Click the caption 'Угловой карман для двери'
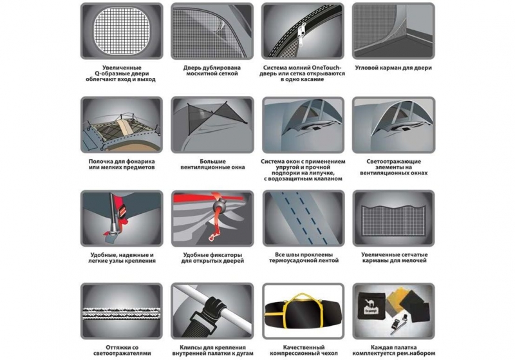[x=393, y=68]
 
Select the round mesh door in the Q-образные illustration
[x=122, y=30]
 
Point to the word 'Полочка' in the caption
[x=101, y=161]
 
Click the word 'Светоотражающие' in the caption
[x=393, y=161]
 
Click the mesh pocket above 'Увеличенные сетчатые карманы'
[x=393, y=220]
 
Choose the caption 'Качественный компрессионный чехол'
[x=303, y=350]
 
